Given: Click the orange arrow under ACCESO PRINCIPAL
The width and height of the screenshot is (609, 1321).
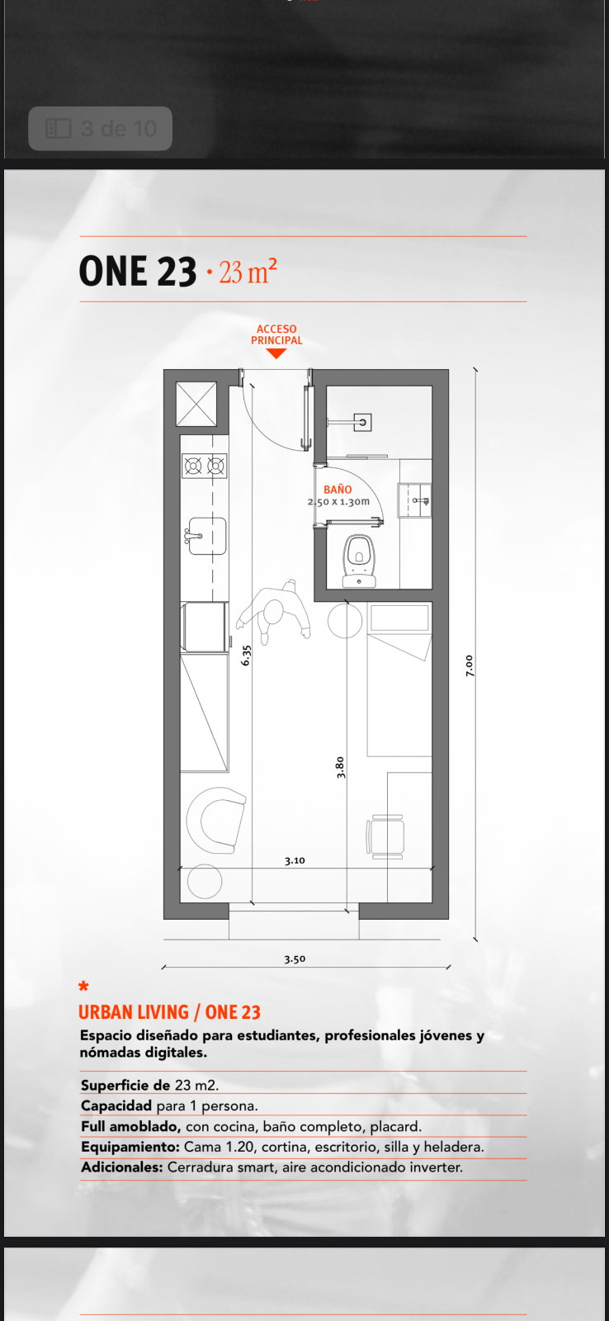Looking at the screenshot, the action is tap(276, 353).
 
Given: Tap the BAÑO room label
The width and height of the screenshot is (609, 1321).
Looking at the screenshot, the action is tap(338, 490).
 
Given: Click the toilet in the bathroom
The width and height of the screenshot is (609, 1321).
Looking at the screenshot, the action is tap(359, 561).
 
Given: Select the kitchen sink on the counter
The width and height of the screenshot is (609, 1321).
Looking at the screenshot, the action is tap(206, 536).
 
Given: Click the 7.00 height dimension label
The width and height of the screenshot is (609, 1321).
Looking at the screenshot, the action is tap(470, 665).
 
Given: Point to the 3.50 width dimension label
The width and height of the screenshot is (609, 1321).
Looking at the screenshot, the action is tap(295, 959).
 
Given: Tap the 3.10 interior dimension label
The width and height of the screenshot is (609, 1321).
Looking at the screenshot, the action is tap(295, 860).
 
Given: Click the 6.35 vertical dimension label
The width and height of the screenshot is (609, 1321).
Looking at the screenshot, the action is tap(247, 656).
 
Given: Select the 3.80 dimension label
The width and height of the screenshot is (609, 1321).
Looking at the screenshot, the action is tap(340, 767).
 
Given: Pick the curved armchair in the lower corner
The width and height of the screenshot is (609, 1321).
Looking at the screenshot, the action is tap(215, 821).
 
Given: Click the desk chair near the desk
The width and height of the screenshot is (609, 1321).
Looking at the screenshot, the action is tap(385, 836).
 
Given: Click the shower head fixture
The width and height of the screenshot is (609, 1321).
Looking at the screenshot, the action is tap(362, 422).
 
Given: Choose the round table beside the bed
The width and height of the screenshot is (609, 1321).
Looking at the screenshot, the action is tap(345, 620).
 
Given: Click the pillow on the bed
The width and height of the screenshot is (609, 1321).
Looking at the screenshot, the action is tap(399, 618).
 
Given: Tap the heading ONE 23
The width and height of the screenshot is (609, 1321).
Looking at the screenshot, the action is tap(137, 272).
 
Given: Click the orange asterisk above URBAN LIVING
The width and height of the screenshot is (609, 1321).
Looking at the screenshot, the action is tap(83, 986).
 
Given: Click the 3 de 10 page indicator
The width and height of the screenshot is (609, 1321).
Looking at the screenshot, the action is tap(100, 129).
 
